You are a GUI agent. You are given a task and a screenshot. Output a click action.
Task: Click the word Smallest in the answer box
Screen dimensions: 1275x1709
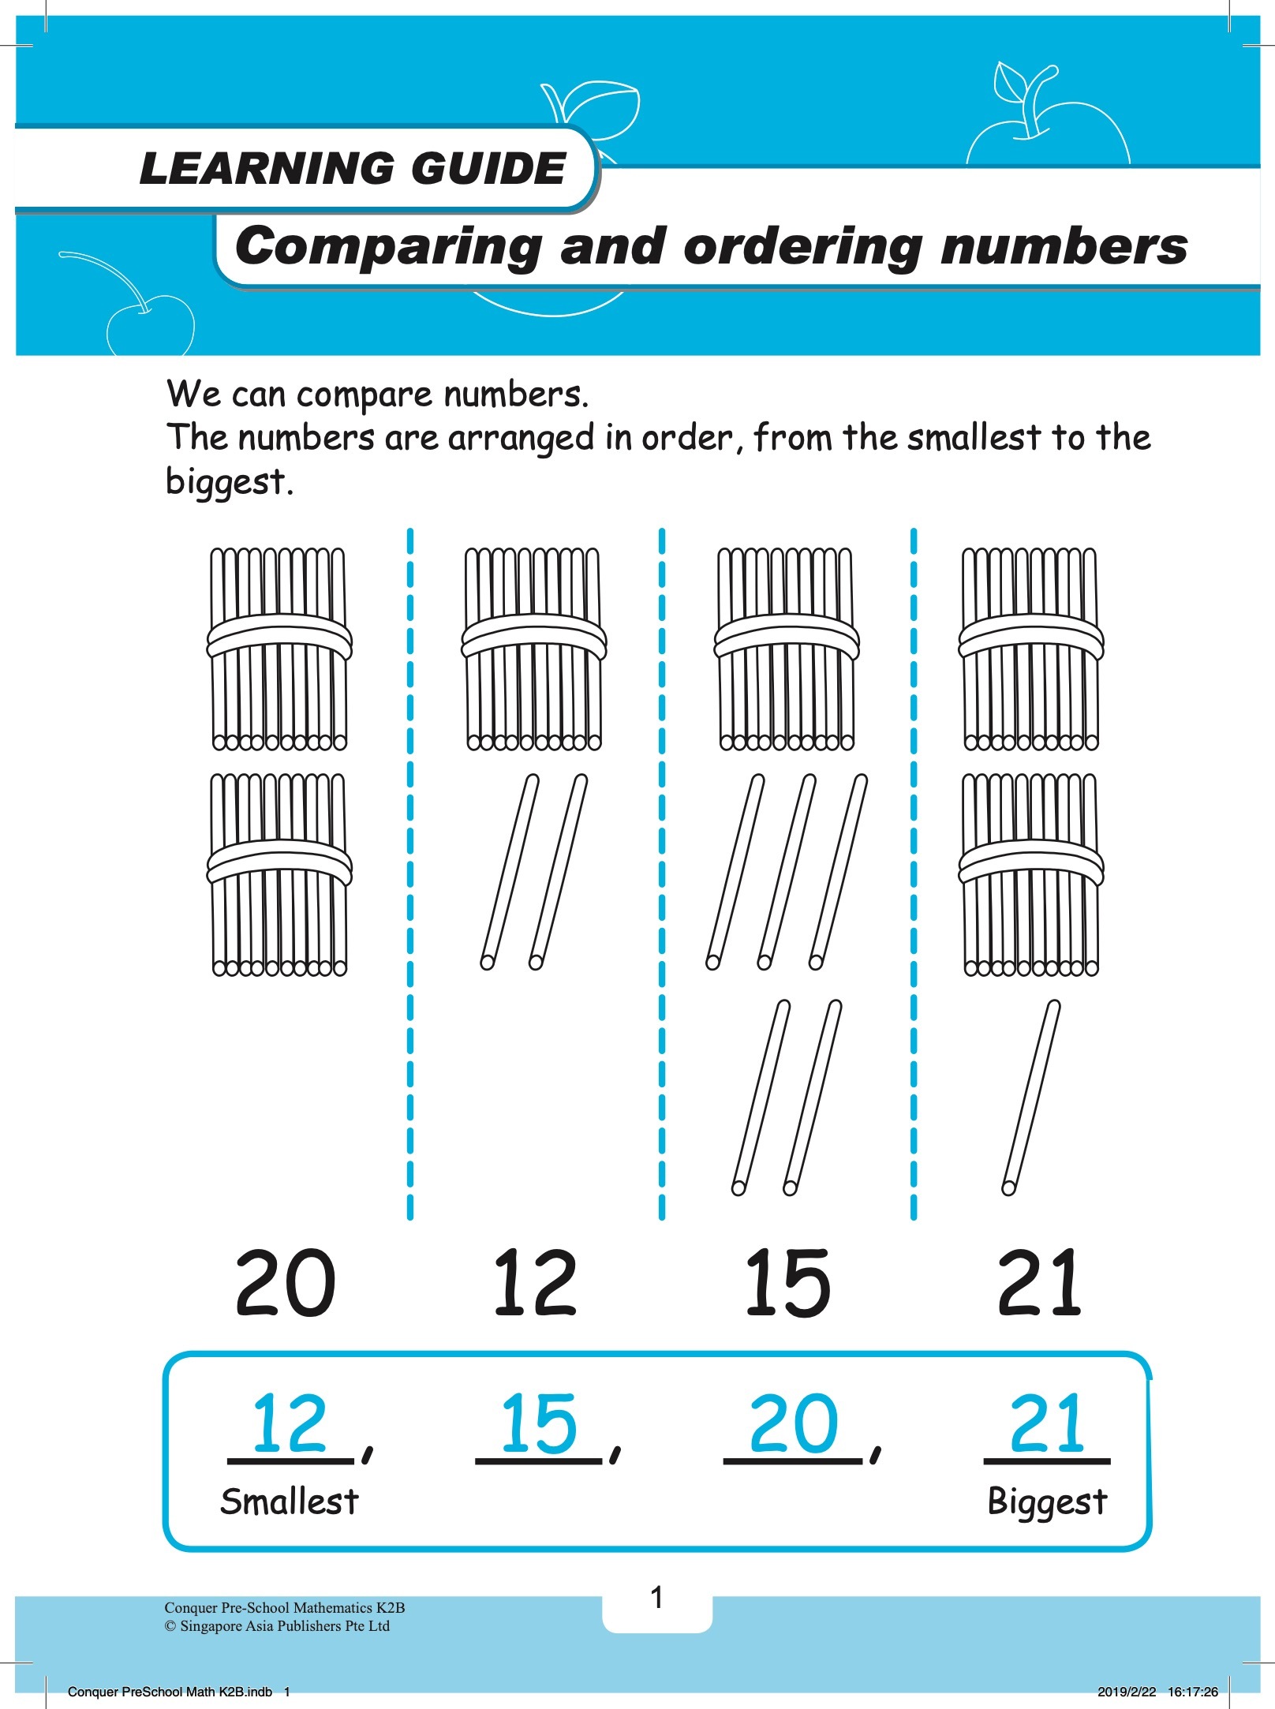[290, 1501]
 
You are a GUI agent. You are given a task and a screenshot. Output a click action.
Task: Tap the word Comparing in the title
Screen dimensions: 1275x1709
[389, 247]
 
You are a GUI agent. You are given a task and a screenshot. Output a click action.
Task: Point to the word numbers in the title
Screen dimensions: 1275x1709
[1064, 245]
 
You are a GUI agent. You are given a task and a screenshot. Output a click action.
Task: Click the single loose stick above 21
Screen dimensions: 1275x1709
[1031, 1098]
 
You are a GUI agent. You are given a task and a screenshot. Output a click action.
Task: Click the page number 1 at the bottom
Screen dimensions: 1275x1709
[657, 1598]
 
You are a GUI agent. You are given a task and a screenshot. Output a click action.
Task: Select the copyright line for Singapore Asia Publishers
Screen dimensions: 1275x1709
[277, 1626]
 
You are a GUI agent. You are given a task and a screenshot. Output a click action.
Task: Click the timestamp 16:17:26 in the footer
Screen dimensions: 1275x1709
[1193, 1692]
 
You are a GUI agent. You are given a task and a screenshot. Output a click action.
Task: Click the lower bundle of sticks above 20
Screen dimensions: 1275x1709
[279, 875]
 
